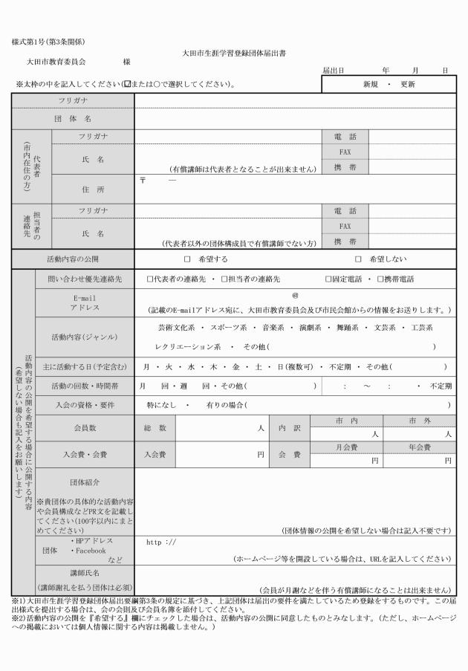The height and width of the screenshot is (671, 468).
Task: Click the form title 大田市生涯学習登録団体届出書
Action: click(234, 54)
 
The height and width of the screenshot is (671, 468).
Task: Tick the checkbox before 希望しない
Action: click(358, 259)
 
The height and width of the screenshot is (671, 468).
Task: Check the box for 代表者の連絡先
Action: click(150, 279)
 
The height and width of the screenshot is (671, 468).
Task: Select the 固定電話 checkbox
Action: click(328, 279)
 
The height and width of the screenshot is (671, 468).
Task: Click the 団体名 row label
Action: click(73, 118)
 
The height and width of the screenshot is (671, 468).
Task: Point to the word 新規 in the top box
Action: click(370, 84)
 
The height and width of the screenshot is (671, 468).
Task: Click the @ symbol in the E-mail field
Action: click(295, 295)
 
